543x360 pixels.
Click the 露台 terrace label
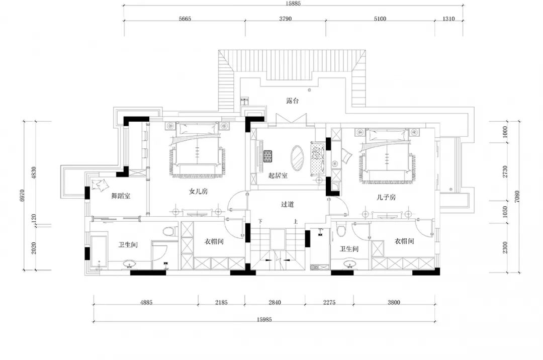[x=292, y=101]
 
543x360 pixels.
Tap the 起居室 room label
[x=278, y=175]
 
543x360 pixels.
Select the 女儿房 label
[x=199, y=191]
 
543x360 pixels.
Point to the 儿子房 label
[x=386, y=197]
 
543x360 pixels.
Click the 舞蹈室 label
[x=121, y=196]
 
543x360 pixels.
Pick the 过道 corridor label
[x=288, y=204]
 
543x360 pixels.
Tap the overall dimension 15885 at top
[x=293, y=4]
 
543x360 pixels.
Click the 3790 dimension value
[x=286, y=19]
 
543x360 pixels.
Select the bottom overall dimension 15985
[x=264, y=319]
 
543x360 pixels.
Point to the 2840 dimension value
[x=275, y=302]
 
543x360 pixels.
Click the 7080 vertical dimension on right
[x=517, y=197]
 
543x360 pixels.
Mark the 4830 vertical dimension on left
[x=34, y=173]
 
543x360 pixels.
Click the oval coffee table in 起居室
[x=297, y=158]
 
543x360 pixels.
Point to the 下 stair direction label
[x=260, y=221]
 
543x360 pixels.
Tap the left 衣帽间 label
[x=214, y=241]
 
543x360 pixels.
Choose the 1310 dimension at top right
[x=448, y=19]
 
